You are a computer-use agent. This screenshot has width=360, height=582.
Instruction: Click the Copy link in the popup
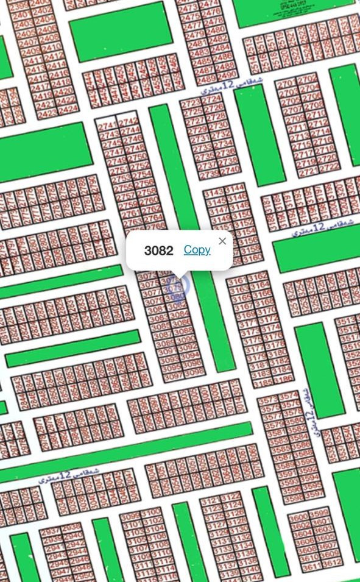pyautogui.click(x=197, y=250)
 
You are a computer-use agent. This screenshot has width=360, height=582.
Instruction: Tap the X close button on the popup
pyautogui.click(x=222, y=241)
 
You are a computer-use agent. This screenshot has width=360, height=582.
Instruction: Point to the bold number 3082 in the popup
pyautogui.click(x=158, y=250)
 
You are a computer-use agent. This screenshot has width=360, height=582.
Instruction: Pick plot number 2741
pyautogui.click(x=107, y=124)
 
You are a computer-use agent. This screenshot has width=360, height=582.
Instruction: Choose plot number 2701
pyautogui.click(x=287, y=83)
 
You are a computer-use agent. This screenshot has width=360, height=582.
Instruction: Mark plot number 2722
pyautogui.click(x=328, y=166)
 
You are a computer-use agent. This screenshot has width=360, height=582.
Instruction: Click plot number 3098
pyautogui.click(x=193, y=372)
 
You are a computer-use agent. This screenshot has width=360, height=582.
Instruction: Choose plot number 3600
pyautogui.click(x=298, y=518)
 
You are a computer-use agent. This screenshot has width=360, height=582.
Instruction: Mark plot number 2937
pyautogui.click(x=50, y=531)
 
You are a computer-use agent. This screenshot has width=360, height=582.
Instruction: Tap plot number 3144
pyautogui.click(x=235, y=188)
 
